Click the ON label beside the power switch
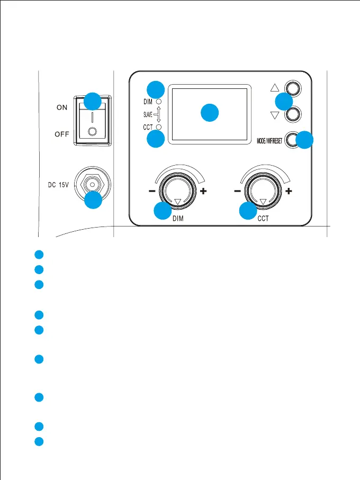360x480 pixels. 62,107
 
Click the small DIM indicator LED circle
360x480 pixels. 159,101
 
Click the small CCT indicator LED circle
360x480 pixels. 159,128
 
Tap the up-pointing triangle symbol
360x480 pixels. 273,88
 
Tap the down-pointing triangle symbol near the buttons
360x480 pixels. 273,115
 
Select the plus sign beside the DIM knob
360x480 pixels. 203,192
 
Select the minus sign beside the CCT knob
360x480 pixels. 237,192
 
